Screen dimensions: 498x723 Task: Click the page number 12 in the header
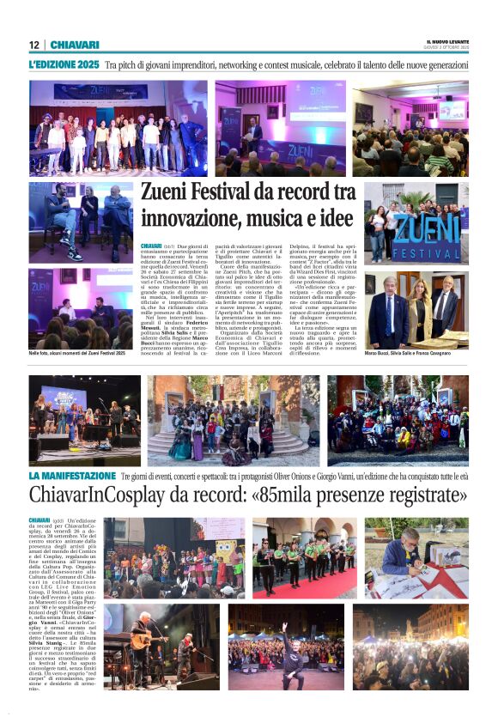coord(33,45)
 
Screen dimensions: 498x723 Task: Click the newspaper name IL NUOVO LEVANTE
coord(447,41)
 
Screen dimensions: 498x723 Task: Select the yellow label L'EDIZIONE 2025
coord(64,64)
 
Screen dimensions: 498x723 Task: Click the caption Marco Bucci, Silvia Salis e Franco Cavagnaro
coord(416,353)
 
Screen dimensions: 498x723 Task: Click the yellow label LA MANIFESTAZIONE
coord(72,475)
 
